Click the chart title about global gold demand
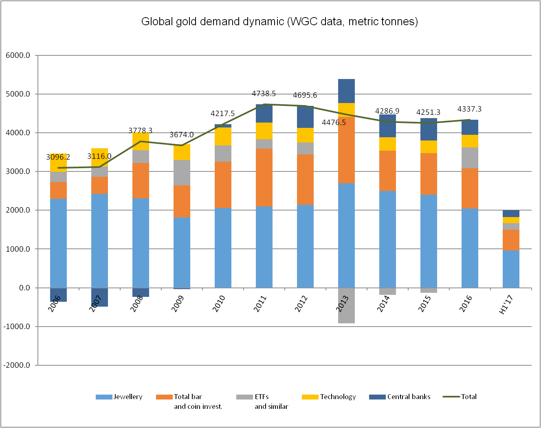[279, 22]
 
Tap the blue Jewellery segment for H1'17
[511, 269]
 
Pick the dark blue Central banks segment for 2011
[264, 114]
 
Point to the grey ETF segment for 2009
[182, 173]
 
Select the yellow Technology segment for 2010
[223, 136]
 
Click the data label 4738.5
[264, 94]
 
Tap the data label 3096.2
[58, 157]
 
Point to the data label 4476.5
[334, 123]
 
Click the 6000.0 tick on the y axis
[18, 55]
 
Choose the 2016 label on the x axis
[465, 304]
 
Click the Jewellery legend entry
[128, 397]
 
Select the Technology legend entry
[338, 397]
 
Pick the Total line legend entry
[468, 397]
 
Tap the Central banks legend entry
[409, 397]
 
